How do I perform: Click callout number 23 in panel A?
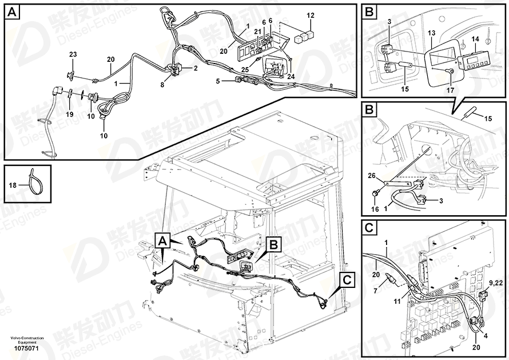(73, 54)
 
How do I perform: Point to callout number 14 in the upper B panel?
(475, 39)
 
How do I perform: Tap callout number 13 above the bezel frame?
(431, 35)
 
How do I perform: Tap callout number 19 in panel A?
(69, 114)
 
